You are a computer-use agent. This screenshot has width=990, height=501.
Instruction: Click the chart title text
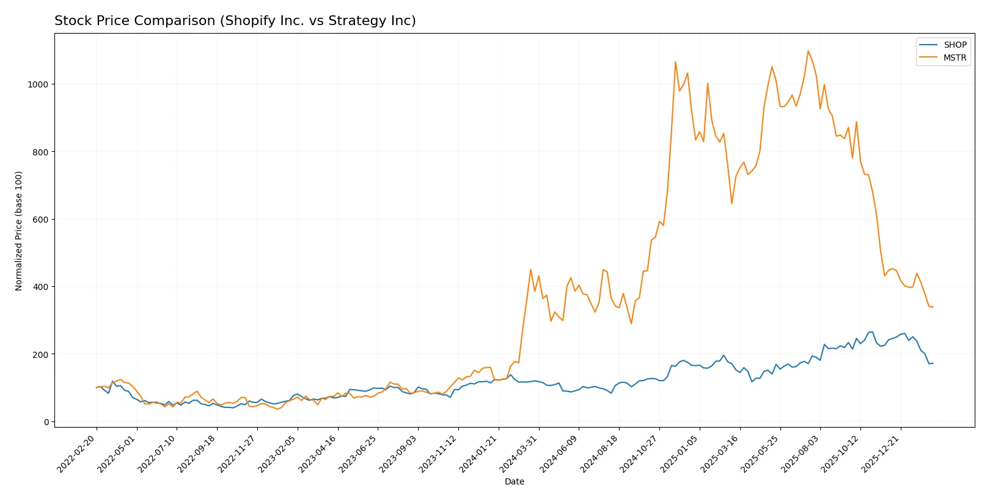pyautogui.click(x=235, y=21)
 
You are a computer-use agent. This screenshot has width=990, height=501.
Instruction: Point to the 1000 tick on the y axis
pyautogui.click(x=38, y=84)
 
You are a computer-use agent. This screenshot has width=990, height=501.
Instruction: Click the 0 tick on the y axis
pyautogui.click(x=46, y=422)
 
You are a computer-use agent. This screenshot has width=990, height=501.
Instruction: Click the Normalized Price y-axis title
pyautogui.click(x=19, y=231)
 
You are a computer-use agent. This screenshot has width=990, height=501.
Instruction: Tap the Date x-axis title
pyautogui.click(x=514, y=481)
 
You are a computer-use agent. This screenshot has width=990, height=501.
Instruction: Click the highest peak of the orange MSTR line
pyautogui.click(x=808, y=51)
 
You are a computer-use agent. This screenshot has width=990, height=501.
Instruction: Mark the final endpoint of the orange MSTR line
pyautogui.click(x=933, y=307)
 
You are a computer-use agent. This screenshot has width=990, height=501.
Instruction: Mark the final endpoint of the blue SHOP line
pyautogui.click(x=933, y=363)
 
